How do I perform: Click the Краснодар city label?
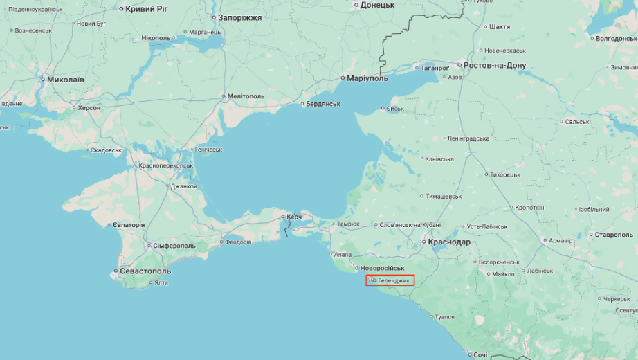click(449, 242)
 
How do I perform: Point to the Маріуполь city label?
click(367, 78)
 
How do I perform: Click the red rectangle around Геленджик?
click(390, 280)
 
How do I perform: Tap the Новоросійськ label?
click(381, 268)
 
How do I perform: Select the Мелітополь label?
click(246, 96)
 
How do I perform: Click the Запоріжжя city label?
click(239, 17)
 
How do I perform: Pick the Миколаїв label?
click(65, 80)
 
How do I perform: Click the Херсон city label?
click(89, 108)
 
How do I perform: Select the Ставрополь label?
click(614, 235)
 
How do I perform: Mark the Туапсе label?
click(444, 316)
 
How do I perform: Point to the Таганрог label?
click(435, 68)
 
